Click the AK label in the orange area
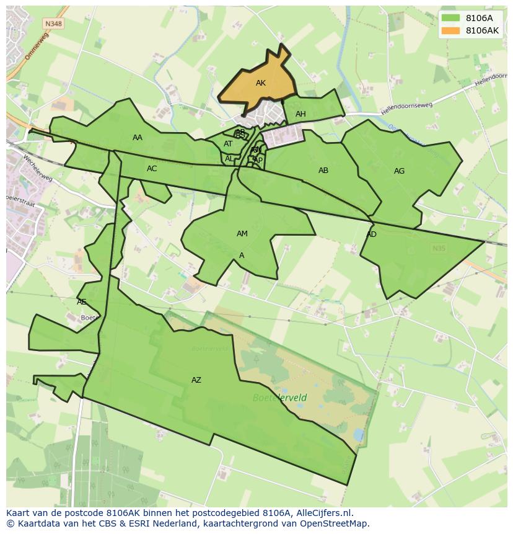(x=260, y=83)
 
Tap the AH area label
(x=300, y=114)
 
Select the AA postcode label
(x=138, y=138)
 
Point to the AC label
(x=152, y=169)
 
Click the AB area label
(x=323, y=171)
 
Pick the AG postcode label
(x=399, y=171)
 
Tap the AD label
(x=371, y=234)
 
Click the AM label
(x=242, y=234)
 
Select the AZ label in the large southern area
(x=196, y=380)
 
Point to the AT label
(x=228, y=144)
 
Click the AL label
(x=229, y=159)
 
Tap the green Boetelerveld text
(x=279, y=398)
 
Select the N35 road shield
(x=439, y=249)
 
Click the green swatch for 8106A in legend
(x=450, y=17)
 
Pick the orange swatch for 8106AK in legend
(x=450, y=30)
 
